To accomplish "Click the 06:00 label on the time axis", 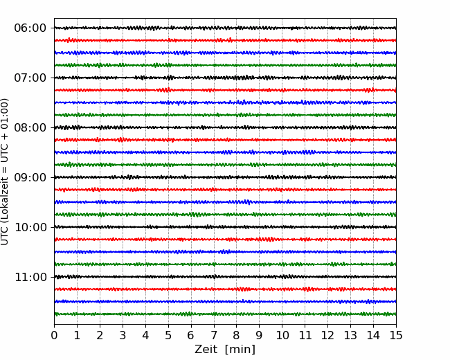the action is click(30, 28).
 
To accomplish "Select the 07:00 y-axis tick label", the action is click(30, 78).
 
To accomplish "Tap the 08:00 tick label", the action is click(30, 127).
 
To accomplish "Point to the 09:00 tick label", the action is click(30, 177).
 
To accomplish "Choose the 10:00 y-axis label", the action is click(30, 227).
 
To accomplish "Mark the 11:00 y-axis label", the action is click(30, 277).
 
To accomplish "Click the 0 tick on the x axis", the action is click(54, 335).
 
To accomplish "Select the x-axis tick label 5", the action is click(168, 335).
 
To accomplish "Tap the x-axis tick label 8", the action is click(237, 335).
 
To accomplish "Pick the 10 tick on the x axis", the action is click(282, 335).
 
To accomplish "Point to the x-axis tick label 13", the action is click(350, 335).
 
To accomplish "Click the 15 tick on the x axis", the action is click(396, 335).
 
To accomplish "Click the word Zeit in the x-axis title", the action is click(207, 350).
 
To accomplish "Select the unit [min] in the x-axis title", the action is click(240, 350).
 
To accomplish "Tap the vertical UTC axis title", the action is click(5, 172).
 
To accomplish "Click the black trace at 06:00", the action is click(225, 28).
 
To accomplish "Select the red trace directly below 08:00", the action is click(225, 140).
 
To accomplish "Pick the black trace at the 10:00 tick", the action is click(225, 227).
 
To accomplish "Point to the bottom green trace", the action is click(225, 314).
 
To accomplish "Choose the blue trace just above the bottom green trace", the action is click(225, 301).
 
